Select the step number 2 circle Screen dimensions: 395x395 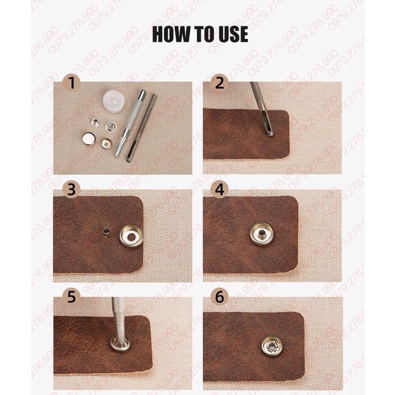(219, 82)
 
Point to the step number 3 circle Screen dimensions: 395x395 (71, 190)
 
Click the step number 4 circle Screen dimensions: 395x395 (219, 190)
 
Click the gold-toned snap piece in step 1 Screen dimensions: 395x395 (106, 143)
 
